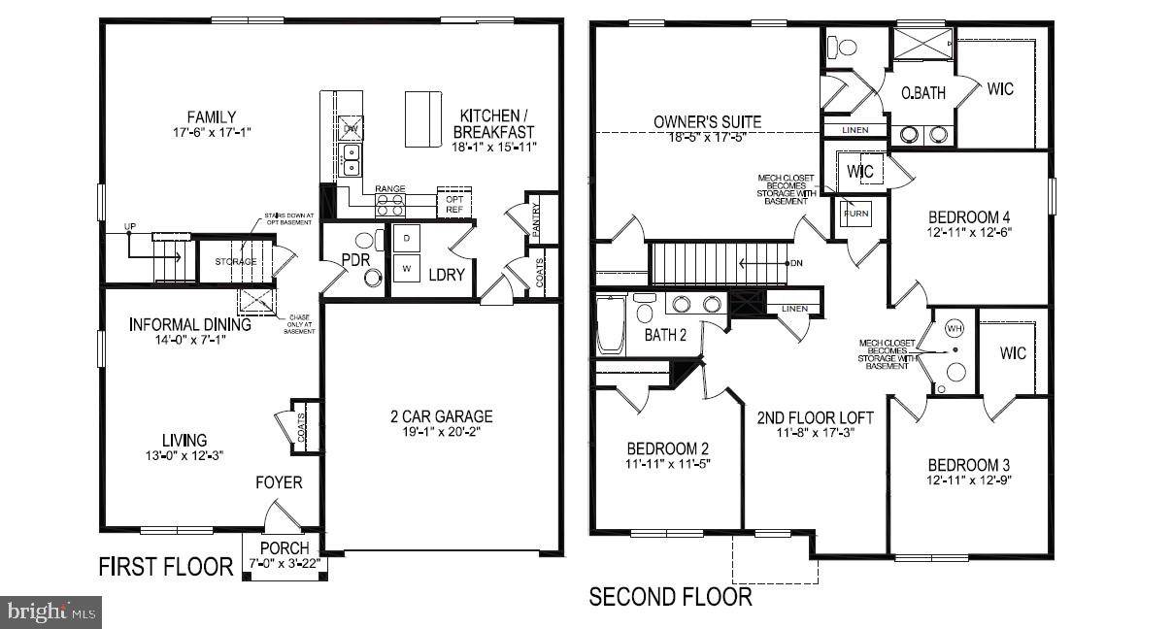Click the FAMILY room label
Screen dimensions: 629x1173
tap(212, 117)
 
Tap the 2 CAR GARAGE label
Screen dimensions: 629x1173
tap(442, 416)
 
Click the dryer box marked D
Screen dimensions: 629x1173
tap(406, 238)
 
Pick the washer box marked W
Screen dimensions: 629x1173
tap(406, 267)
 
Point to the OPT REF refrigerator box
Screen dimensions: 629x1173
tap(454, 202)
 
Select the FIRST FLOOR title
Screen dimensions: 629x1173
tap(166, 567)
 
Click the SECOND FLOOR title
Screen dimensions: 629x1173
tap(670, 596)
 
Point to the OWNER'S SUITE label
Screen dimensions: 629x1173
tap(707, 122)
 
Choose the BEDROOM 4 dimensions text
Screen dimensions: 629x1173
tap(967, 233)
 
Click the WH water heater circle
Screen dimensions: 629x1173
tap(955, 329)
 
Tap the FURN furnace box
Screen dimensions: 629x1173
tap(855, 213)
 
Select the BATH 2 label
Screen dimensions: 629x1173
tap(665, 335)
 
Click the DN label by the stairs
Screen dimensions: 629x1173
tap(797, 262)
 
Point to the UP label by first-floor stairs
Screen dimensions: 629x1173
tap(129, 227)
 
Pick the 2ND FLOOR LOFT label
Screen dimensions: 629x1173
tap(815, 418)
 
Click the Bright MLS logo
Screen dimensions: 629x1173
tap(51, 612)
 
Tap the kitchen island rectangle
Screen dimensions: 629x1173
tap(423, 118)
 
